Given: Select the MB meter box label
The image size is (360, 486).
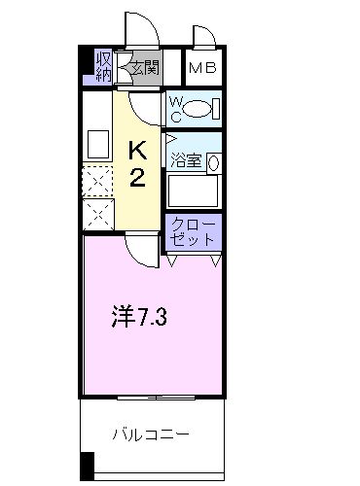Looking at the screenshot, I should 201,68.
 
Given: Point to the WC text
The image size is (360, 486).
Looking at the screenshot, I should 174,107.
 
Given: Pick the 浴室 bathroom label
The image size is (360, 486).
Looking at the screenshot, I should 185,161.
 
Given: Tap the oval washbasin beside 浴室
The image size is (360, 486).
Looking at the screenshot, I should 213,163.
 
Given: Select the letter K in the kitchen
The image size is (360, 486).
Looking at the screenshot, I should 139,150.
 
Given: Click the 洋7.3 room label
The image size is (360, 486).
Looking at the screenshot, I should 136,317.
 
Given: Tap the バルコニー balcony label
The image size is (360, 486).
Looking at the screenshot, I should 150,434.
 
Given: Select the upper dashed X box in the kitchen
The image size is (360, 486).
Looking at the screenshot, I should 97,182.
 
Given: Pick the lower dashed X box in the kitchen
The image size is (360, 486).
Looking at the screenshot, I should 97,213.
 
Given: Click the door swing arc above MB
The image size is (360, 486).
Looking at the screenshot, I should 205,37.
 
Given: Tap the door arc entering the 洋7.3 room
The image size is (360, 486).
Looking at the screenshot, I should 142,251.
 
